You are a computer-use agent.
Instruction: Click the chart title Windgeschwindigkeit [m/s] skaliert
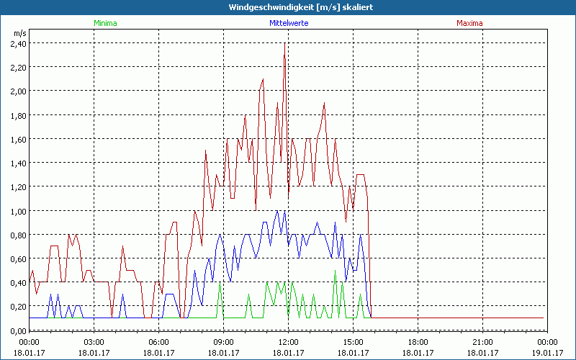point(290,6)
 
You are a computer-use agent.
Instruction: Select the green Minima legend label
point(105,23)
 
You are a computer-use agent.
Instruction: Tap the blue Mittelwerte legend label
point(289,23)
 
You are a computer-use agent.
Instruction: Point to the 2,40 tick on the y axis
point(18,43)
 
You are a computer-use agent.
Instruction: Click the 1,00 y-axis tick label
point(18,211)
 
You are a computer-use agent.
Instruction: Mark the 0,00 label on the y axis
point(18,330)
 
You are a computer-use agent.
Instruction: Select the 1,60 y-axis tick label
point(18,139)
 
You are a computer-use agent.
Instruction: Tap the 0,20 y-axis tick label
point(18,307)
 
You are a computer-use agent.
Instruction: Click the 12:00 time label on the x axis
point(289,342)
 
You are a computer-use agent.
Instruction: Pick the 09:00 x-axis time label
point(224,342)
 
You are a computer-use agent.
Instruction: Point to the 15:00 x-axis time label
point(354,342)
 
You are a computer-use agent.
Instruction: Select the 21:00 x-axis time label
point(483,342)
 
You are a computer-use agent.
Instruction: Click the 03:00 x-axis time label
point(94,342)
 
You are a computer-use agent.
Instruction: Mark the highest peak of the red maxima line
point(285,45)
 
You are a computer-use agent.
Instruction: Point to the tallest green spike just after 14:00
point(335,272)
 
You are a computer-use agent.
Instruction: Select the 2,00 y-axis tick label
point(18,91)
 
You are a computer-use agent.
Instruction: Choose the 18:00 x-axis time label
point(418,342)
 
